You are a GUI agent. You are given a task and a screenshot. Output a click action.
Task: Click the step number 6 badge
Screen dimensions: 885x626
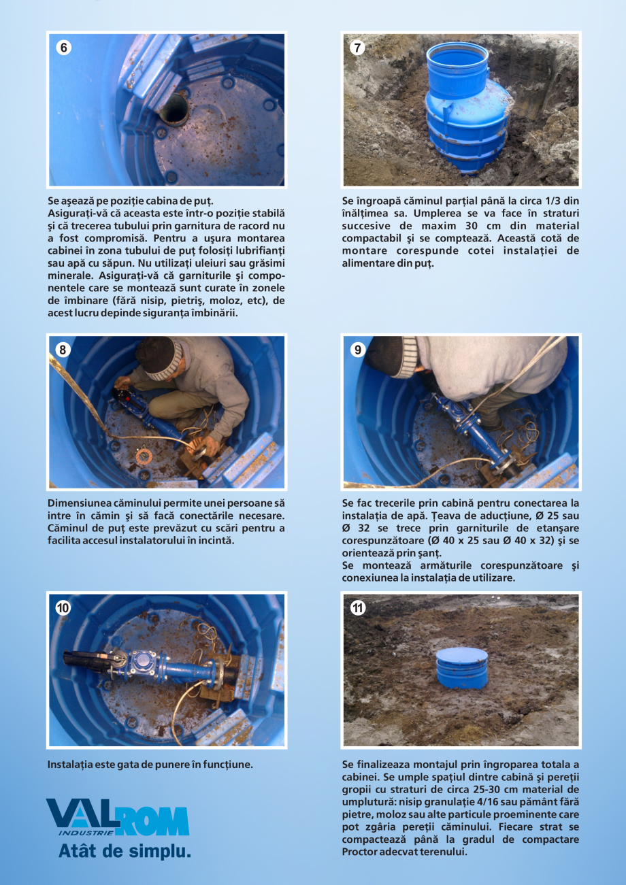pyautogui.click(x=64, y=48)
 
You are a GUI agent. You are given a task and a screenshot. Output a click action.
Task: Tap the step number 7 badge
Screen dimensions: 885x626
pyautogui.click(x=358, y=48)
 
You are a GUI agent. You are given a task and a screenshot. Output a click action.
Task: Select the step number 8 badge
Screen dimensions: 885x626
pyautogui.click(x=63, y=350)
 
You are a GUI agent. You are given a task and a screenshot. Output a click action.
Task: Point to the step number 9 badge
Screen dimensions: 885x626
pyautogui.click(x=358, y=350)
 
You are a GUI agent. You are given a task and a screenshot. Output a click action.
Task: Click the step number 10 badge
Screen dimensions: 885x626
pyautogui.click(x=63, y=609)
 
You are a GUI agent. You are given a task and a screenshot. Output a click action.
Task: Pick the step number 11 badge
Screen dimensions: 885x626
pyautogui.click(x=358, y=609)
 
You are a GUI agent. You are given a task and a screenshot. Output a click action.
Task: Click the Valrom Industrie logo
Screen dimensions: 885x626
pyautogui.click(x=117, y=818)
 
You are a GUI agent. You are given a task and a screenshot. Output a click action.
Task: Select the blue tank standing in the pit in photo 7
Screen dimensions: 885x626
pyautogui.click(x=457, y=109)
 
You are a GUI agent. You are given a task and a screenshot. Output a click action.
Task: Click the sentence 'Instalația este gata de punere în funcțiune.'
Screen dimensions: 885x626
pyautogui.click(x=150, y=765)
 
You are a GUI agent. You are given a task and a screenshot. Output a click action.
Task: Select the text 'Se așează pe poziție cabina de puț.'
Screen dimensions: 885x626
pyautogui.click(x=131, y=201)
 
